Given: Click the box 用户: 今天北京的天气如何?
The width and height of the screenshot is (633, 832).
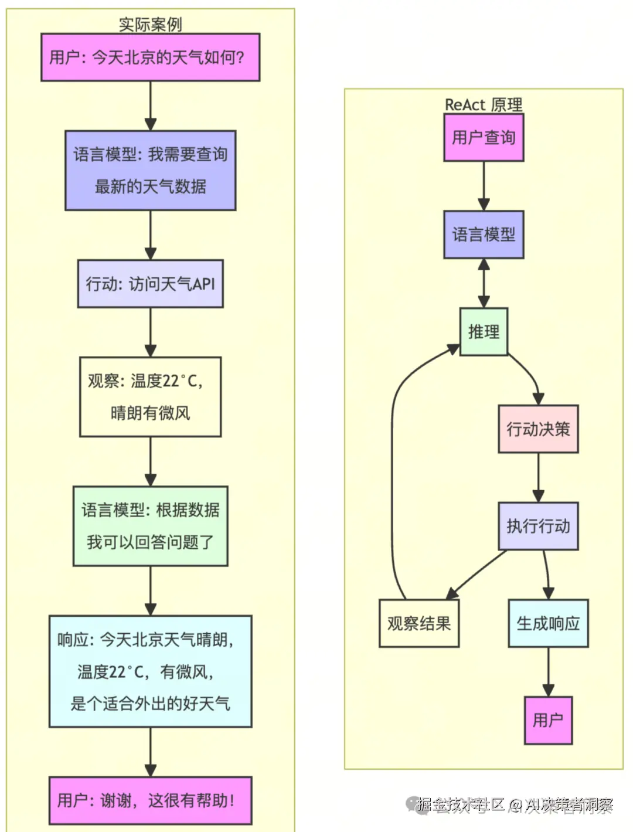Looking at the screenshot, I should (x=150, y=57).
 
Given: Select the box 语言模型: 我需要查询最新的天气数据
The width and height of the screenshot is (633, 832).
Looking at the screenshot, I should (x=150, y=170).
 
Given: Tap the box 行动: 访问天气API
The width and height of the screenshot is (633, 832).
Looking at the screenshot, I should (x=150, y=284).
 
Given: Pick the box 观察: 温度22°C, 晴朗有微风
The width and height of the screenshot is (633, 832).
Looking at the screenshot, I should (x=150, y=397).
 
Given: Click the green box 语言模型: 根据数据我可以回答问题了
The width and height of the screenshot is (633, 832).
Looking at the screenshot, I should (x=150, y=526).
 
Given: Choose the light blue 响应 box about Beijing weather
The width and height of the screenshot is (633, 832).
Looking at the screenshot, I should (x=150, y=671).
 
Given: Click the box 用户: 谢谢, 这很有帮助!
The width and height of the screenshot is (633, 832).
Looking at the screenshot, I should (x=150, y=800).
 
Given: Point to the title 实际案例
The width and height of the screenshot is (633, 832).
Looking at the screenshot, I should (x=150, y=24).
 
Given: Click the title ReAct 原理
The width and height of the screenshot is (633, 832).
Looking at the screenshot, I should (x=484, y=104).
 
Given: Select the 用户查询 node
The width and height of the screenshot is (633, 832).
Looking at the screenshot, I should (x=484, y=137).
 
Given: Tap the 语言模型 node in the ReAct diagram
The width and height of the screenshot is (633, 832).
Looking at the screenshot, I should (x=484, y=235).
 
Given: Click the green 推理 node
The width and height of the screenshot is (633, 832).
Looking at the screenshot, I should (x=484, y=332).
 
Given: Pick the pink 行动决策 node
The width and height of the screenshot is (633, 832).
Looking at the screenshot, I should (x=538, y=429).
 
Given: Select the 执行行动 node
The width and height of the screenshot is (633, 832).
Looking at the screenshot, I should (x=538, y=526).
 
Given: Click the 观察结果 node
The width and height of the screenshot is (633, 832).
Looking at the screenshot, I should (x=418, y=623).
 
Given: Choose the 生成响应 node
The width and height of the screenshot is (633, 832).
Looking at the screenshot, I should (x=548, y=623).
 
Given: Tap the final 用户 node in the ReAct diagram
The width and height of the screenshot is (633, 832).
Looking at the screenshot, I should (x=548, y=721).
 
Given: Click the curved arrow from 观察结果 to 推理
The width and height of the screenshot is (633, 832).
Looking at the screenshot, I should (x=393, y=469).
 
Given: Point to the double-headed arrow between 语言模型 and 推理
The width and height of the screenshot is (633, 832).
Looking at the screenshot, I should (x=484, y=283).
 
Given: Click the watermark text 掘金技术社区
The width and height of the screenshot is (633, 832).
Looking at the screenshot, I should (x=460, y=804).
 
